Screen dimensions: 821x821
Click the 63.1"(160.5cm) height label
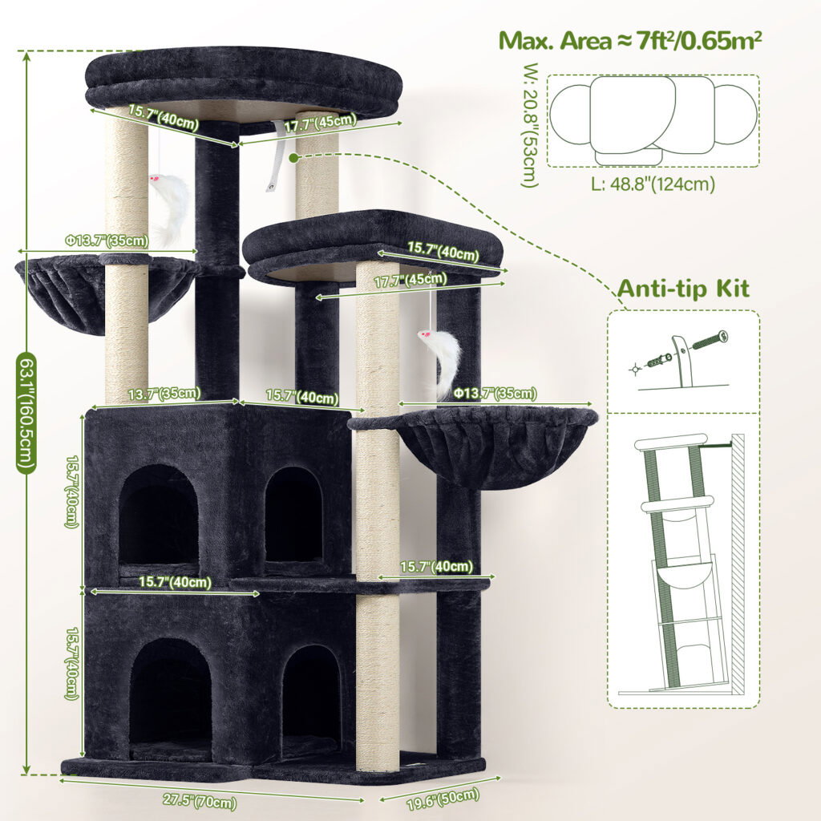[x=26, y=413]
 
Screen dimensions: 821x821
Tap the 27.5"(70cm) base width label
[x=200, y=801]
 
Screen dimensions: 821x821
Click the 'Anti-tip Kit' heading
[x=683, y=289]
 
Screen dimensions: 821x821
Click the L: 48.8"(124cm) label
[x=653, y=184]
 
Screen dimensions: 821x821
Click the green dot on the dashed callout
[x=293, y=156]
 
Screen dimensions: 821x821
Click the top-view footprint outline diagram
[x=653, y=120]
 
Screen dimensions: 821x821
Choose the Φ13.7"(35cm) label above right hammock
[x=495, y=393]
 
